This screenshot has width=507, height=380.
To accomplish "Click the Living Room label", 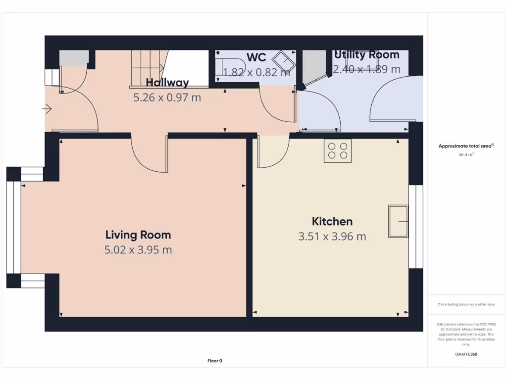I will coord(138,235).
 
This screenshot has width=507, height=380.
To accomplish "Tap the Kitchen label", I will coord(332,222).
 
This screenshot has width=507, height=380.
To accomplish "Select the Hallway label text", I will coord(167,83).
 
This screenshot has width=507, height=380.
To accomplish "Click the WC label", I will coord(256,57).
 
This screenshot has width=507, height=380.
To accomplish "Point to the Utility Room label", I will coord(366,54).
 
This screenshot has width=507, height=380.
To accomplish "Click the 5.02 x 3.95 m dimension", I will coord(138,250).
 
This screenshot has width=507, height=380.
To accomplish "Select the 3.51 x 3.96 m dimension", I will coord(332,237).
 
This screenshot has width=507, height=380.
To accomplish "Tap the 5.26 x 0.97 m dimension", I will coord(167,97).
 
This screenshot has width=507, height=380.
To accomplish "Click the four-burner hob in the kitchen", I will coord(338,151).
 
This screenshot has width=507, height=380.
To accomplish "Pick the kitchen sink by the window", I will coord(399,221).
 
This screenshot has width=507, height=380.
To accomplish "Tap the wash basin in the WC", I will coord(286,62).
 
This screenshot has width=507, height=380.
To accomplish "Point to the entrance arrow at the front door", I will coord(48,108).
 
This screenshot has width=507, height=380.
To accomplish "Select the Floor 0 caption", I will coord(214,361).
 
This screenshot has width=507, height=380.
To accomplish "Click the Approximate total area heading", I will coord(465,146).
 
